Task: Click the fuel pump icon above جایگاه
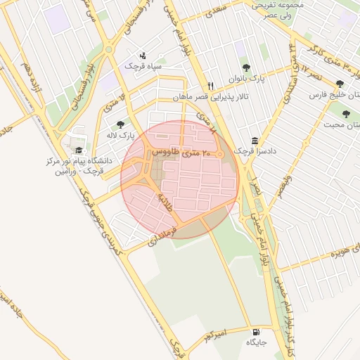[x=255, y=332]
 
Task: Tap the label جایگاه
[x=255, y=343]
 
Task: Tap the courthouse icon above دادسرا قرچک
[x=254, y=140]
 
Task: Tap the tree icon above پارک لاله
[x=120, y=124]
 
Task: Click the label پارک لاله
[x=120, y=134]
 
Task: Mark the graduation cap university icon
[x=79, y=150]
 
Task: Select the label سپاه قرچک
[x=143, y=65]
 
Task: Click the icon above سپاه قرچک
[x=143, y=55]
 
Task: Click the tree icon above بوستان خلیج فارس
[x=340, y=83]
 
